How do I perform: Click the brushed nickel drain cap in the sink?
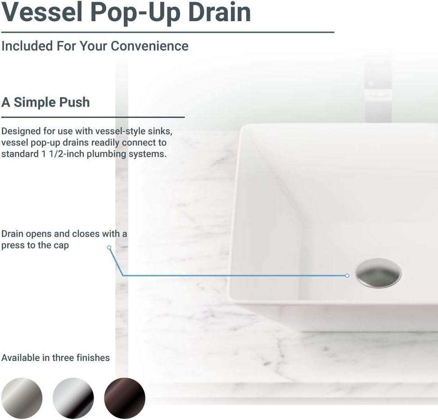point(378,273)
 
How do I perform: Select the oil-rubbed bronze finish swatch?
point(125,398)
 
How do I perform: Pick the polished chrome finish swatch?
point(73,398)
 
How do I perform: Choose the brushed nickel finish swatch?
point(22,398)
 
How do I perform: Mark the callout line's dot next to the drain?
point(347,275)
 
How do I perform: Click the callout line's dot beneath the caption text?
point(109,247)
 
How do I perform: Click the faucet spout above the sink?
point(378,90)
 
